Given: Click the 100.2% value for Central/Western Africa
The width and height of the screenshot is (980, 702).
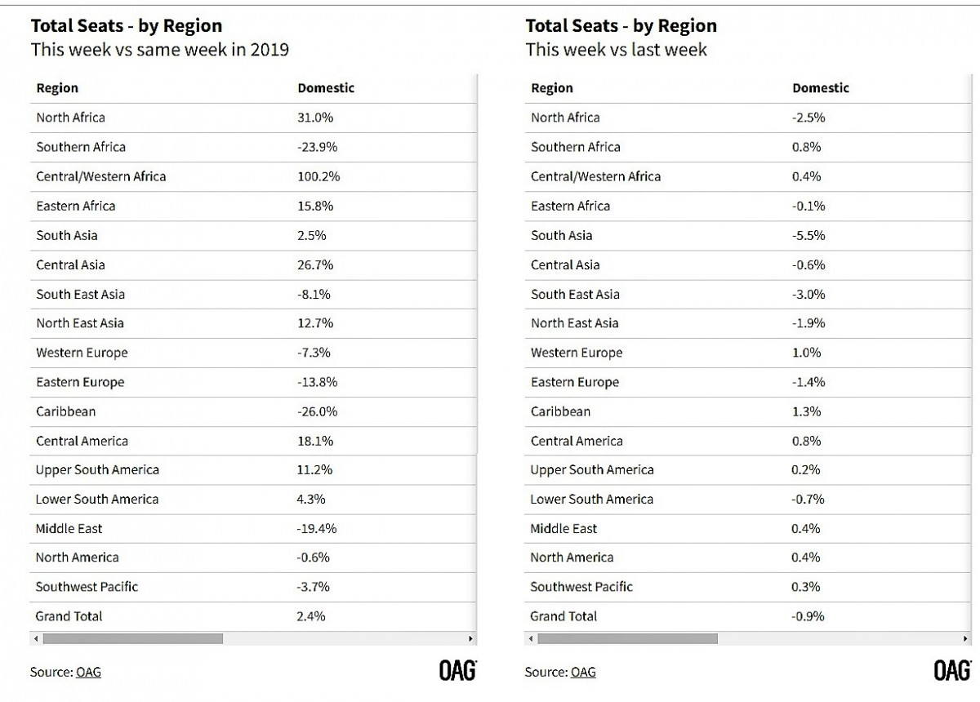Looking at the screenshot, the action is tap(318, 176).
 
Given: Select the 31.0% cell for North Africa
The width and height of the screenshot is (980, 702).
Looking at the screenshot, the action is tap(315, 118).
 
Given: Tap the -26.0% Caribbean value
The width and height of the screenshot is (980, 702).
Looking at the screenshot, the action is tap(317, 411).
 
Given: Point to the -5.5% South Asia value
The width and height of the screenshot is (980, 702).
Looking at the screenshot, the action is tap(808, 235).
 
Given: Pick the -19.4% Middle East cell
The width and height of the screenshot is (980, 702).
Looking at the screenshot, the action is tap(317, 528).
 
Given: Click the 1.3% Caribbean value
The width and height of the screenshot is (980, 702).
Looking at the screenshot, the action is tap(806, 411).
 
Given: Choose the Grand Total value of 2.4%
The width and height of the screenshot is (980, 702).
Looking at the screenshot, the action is tap(310, 615).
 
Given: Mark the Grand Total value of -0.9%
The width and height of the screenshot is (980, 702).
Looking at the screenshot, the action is tap(808, 615).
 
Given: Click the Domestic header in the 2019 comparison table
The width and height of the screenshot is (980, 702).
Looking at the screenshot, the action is tap(326, 88).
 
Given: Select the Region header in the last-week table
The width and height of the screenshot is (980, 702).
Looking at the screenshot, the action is tap(552, 88).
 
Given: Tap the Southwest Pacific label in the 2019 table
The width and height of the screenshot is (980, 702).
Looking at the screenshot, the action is tap(87, 587).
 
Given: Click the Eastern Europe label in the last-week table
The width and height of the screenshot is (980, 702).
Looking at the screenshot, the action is tap(575, 382).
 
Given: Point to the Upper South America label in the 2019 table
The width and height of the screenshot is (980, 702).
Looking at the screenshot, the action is tap(97, 469).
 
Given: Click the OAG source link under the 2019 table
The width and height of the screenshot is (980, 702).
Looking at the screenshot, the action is tap(88, 672).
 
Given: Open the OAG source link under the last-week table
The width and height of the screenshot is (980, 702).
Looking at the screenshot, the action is tap(583, 672).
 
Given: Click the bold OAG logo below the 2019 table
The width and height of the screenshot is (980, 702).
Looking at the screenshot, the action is tap(457, 670).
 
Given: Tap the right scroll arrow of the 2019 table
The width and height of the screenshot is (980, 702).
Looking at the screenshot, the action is tap(470, 638).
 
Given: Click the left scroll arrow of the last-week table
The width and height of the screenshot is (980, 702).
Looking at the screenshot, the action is tap(531, 638).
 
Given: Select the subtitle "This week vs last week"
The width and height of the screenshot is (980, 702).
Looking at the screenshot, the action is tap(616, 50).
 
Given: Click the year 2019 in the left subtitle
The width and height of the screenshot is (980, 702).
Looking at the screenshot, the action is tap(269, 50).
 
